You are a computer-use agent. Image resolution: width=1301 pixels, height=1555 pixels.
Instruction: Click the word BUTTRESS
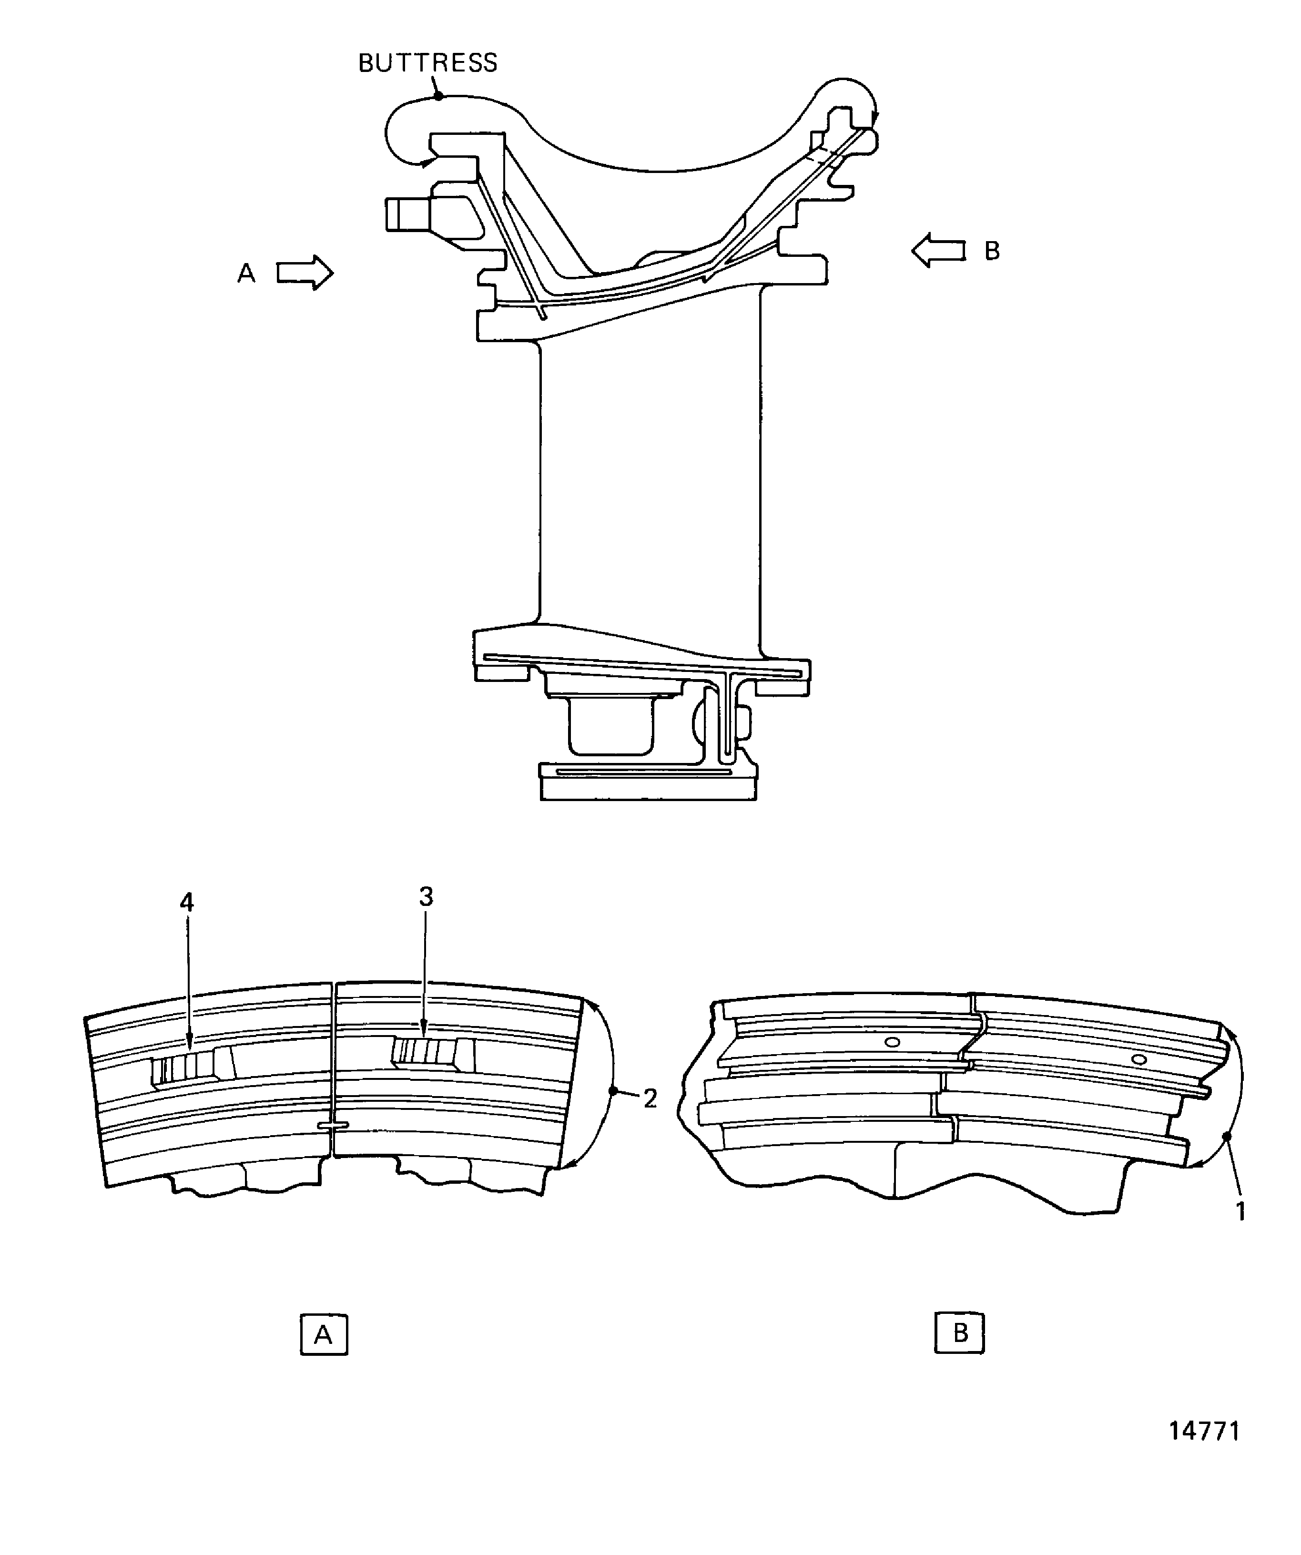coord(427,63)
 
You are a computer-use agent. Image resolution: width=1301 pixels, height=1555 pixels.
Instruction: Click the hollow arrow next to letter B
coord(938,250)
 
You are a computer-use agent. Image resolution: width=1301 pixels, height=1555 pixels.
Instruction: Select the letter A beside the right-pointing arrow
coord(246,274)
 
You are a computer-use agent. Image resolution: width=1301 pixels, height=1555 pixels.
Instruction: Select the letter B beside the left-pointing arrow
coord(992,252)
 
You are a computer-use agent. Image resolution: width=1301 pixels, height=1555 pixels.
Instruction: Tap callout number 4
coord(187,902)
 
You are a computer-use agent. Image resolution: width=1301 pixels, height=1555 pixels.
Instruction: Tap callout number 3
coord(426,897)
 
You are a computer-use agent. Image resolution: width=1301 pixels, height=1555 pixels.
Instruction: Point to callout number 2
coord(650,1098)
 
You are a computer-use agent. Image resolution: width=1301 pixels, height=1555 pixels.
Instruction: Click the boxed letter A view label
coord(324,1334)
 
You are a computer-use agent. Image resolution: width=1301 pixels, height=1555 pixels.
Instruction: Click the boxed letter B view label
coord(960,1333)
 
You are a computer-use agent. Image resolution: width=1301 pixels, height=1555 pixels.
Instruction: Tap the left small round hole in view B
coord(893,1043)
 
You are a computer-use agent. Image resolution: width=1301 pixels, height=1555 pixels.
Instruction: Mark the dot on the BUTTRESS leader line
coord(438,95)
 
